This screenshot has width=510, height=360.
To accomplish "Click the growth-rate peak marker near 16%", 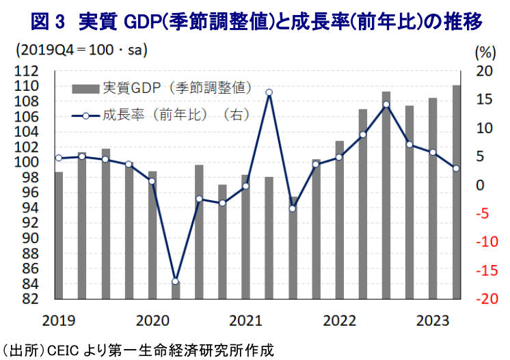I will (269, 92).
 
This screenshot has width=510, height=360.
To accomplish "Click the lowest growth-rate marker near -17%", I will (175, 281).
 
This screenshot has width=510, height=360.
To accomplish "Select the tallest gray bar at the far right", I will (456, 191).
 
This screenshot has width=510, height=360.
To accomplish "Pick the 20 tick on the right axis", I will (484, 71).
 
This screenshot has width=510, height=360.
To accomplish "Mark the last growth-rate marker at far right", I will (456, 169).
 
